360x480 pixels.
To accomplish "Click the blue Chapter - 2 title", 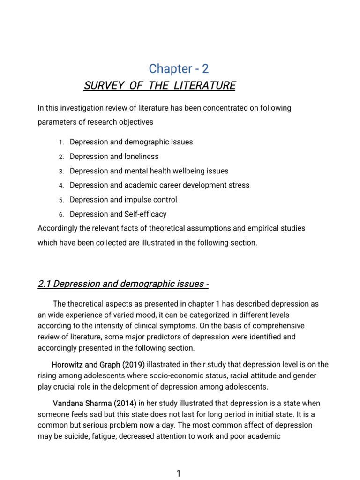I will (179, 68).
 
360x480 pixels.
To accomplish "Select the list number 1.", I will (61, 142).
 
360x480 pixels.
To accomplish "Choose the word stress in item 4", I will (238, 185).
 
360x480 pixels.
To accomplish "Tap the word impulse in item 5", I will (137, 200).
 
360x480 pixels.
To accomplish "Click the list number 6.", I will (61, 215).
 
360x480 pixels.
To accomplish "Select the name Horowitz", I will (67, 365).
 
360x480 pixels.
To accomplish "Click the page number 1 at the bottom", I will (179, 473).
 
